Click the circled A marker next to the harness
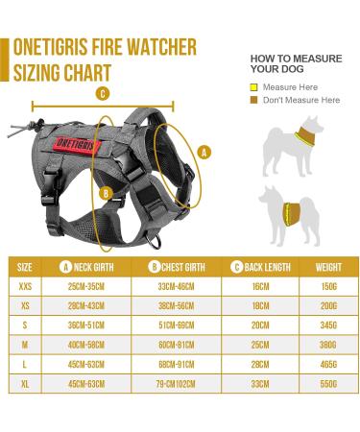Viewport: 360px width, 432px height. click(x=203, y=151)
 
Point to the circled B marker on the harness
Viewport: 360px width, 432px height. click(x=106, y=193)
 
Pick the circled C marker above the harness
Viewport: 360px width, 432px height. click(x=101, y=94)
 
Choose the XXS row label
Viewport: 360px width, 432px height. click(x=25, y=285)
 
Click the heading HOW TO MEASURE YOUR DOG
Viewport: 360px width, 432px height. click(x=296, y=64)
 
